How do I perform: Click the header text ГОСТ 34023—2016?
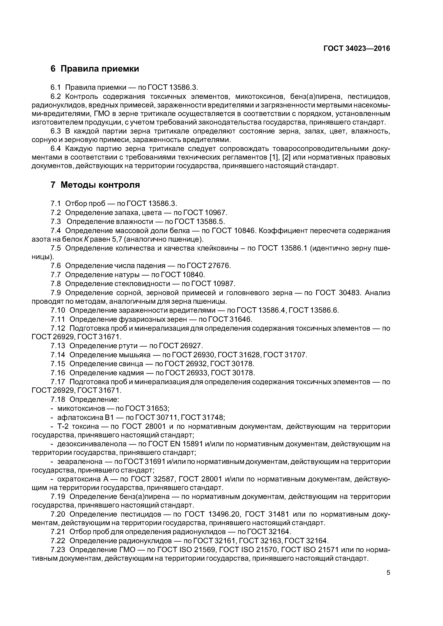pos(357,49)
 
